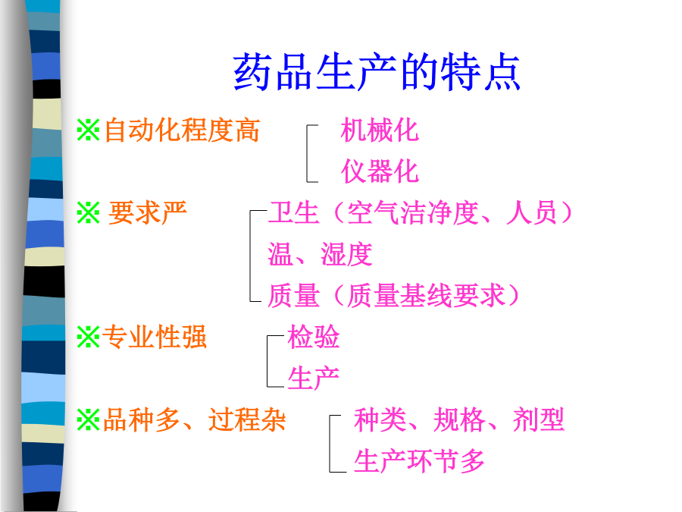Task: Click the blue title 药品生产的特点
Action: pyautogui.click(x=377, y=72)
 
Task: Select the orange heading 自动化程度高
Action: pyautogui.click(x=182, y=130)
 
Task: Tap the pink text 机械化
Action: pyautogui.click(x=380, y=130)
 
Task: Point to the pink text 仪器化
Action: pyautogui.click(x=380, y=171)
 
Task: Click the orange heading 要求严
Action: pyautogui.click(x=148, y=213)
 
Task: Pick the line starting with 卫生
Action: pyautogui.click(x=420, y=213)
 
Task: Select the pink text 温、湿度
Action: pyautogui.click(x=320, y=254)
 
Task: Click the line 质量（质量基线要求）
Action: pyautogui.click(x=394, y=296)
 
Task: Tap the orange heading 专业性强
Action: pyautogui.click(x=155, y=337)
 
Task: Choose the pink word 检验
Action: pyautogui.click(x=313, y=337)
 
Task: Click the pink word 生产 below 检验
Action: pyautogui.click(x=313, y=378)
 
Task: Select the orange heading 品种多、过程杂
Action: pyautogui.click(x=195, y=419)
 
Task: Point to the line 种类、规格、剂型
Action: pyautogui.click(x=459, y=419)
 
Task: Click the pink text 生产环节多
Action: pyautogui.click(x=419, y=461)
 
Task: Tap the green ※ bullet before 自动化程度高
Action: pyautogui.click(x=89, y=130)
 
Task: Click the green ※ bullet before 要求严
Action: pyautogui.click(x=89, y=213)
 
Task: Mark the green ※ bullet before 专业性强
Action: pyautogui.click(x=89, y=337)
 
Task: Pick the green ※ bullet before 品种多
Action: pyautogui.click(x=89, y=419)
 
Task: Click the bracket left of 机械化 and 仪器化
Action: pyautogui.click(x=307, y=153)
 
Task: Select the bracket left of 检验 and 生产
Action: pyautogui.click(x=267, y=361)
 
